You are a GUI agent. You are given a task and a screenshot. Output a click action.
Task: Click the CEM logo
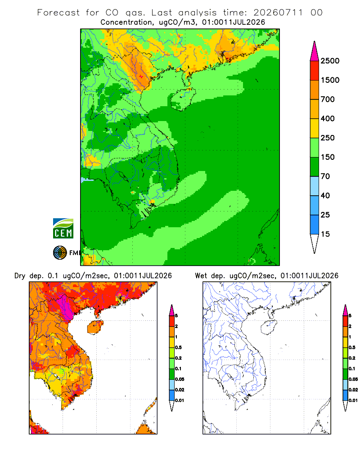coord(63,229)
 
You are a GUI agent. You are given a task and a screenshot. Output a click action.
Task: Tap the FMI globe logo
coord(60,253)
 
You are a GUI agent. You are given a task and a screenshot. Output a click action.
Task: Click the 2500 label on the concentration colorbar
coord(330,61)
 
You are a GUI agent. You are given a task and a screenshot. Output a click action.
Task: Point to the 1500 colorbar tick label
coord(330,80)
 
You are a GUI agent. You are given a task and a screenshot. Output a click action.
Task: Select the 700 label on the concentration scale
coord(328,99)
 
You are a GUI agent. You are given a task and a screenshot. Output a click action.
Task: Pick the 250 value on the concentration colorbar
coord(328,138)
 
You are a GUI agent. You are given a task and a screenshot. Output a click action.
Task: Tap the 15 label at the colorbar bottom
coord(325,234)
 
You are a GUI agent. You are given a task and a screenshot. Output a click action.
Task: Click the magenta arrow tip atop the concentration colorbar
coord(315,41)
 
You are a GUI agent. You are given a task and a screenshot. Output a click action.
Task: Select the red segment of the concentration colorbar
coord(315,71)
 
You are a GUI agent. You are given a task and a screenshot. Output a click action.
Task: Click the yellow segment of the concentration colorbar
coord(315,128)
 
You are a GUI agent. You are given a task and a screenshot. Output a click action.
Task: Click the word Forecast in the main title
coord(58,13)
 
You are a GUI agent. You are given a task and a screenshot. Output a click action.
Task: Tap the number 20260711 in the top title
coord(278,13)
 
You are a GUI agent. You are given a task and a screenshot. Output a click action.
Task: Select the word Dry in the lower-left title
coord(20,276)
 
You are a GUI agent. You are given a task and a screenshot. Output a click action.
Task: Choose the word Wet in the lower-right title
coord(201,276)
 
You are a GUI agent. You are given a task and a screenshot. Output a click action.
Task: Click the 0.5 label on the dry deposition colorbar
coord(178,347)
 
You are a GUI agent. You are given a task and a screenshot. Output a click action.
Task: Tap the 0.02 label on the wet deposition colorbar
coord(353,390)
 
